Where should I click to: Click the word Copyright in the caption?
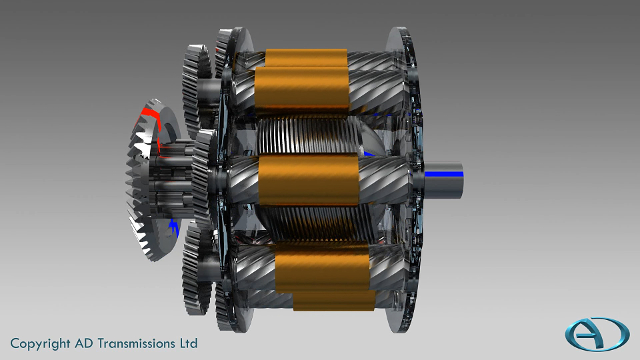click(40, 344)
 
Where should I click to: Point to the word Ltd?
click(189, 343)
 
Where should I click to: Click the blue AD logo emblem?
click(597, 334)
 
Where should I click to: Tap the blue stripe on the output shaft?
click(444, 174)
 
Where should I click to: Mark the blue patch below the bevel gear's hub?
click(174, 227)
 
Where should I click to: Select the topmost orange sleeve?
click(306, 57)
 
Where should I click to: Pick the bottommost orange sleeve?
click(334, 301)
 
